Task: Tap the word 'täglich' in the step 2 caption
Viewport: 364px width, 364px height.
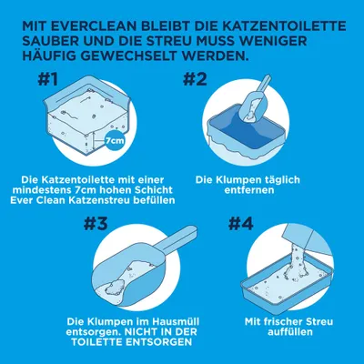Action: [x=284, y=179]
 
